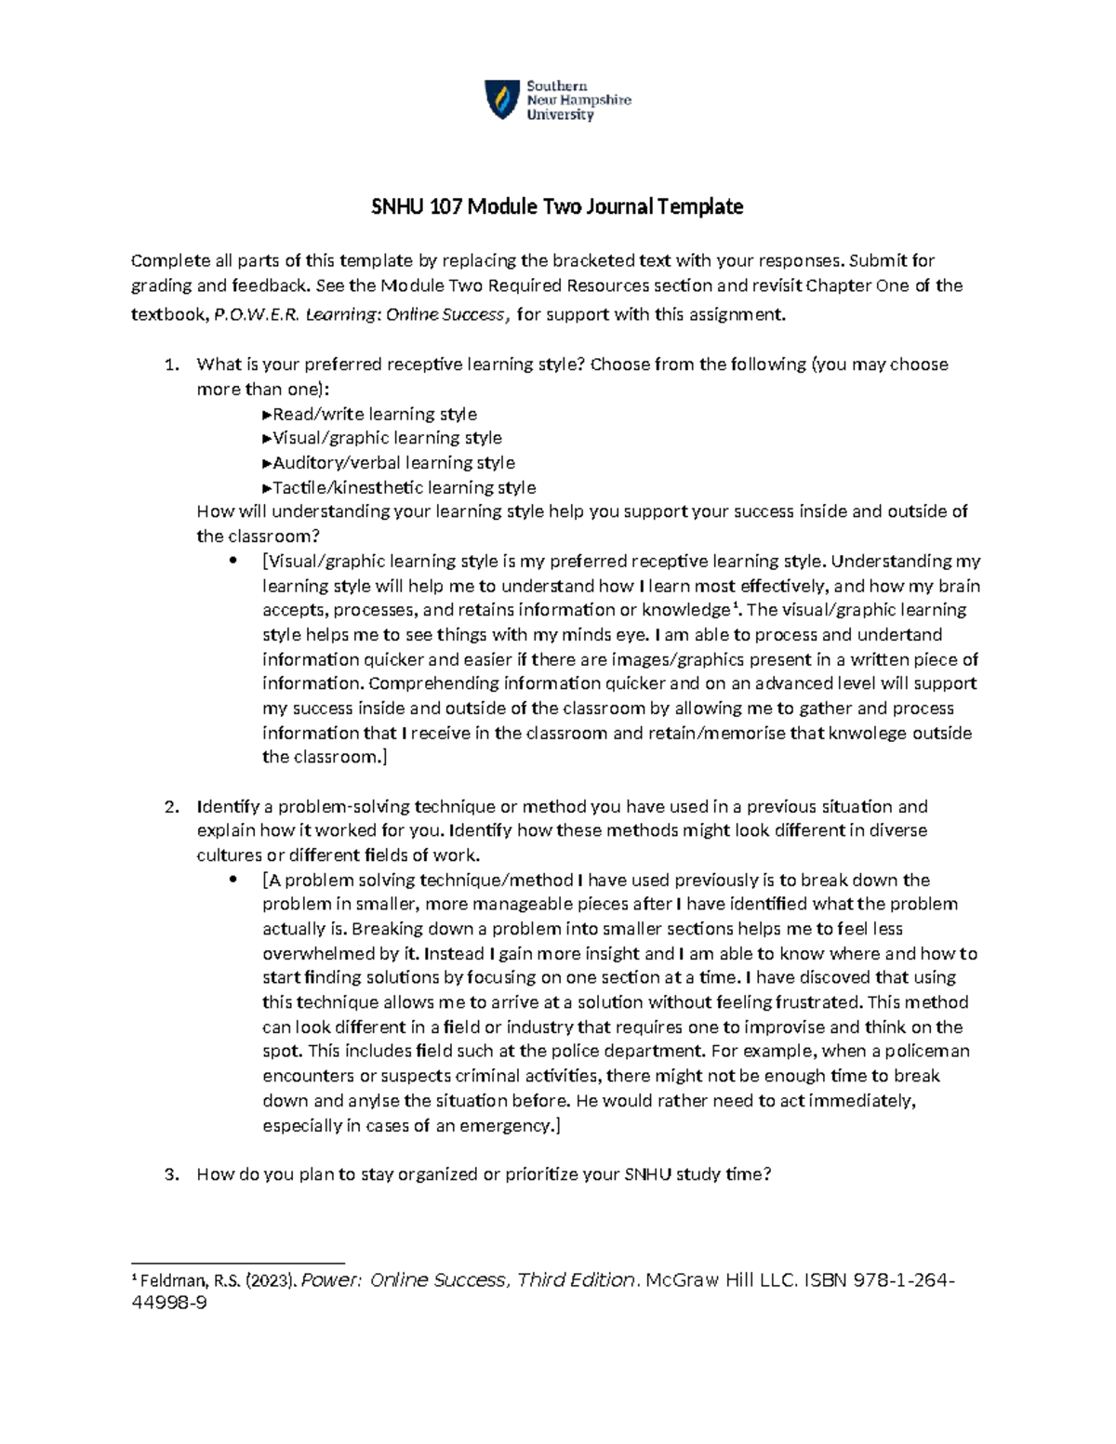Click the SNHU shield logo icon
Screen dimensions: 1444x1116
[x=501, y=99]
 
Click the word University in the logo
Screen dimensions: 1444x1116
[x=560, y=115]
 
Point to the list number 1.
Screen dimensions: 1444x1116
[x=170, y=364]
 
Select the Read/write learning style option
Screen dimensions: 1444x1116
[x=374, y=414]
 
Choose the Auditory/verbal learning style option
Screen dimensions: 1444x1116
[x=393, y=463]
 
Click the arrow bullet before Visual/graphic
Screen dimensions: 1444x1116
[x=267, y=438]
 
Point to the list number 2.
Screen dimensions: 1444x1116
[x=170, y=806]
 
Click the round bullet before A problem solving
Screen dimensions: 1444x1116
[x=233, y=880]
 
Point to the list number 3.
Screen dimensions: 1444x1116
[x=170, y=1174]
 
